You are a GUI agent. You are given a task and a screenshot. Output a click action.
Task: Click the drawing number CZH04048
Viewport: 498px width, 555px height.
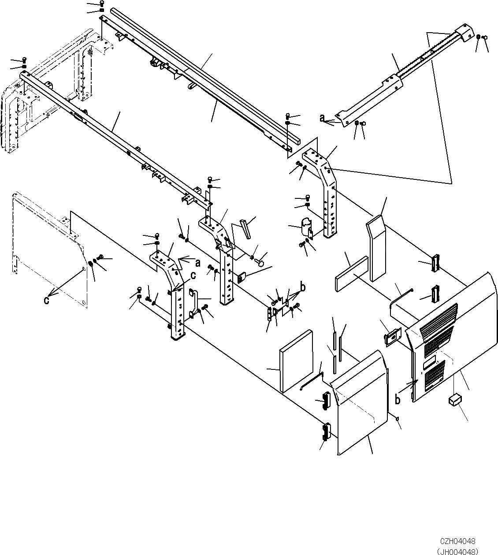pos(457,541)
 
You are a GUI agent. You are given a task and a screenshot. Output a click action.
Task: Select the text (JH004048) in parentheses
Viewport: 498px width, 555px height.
pos(457,551)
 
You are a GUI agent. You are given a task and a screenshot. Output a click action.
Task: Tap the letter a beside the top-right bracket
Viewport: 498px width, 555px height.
pos(322,118)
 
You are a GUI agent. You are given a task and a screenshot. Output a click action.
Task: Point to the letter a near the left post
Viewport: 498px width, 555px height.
pos(198,263)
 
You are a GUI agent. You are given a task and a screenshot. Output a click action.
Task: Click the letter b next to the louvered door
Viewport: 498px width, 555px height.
pos(398,400)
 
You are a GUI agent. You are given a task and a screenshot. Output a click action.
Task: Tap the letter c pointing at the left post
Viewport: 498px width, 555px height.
pos(193,276)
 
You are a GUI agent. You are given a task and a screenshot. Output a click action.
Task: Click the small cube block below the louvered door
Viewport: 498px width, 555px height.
pos(454,400)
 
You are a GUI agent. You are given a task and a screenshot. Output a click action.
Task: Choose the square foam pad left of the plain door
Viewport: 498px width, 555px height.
pos(296,360)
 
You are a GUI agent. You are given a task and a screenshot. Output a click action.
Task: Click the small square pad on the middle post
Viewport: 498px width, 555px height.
pos(241,278)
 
